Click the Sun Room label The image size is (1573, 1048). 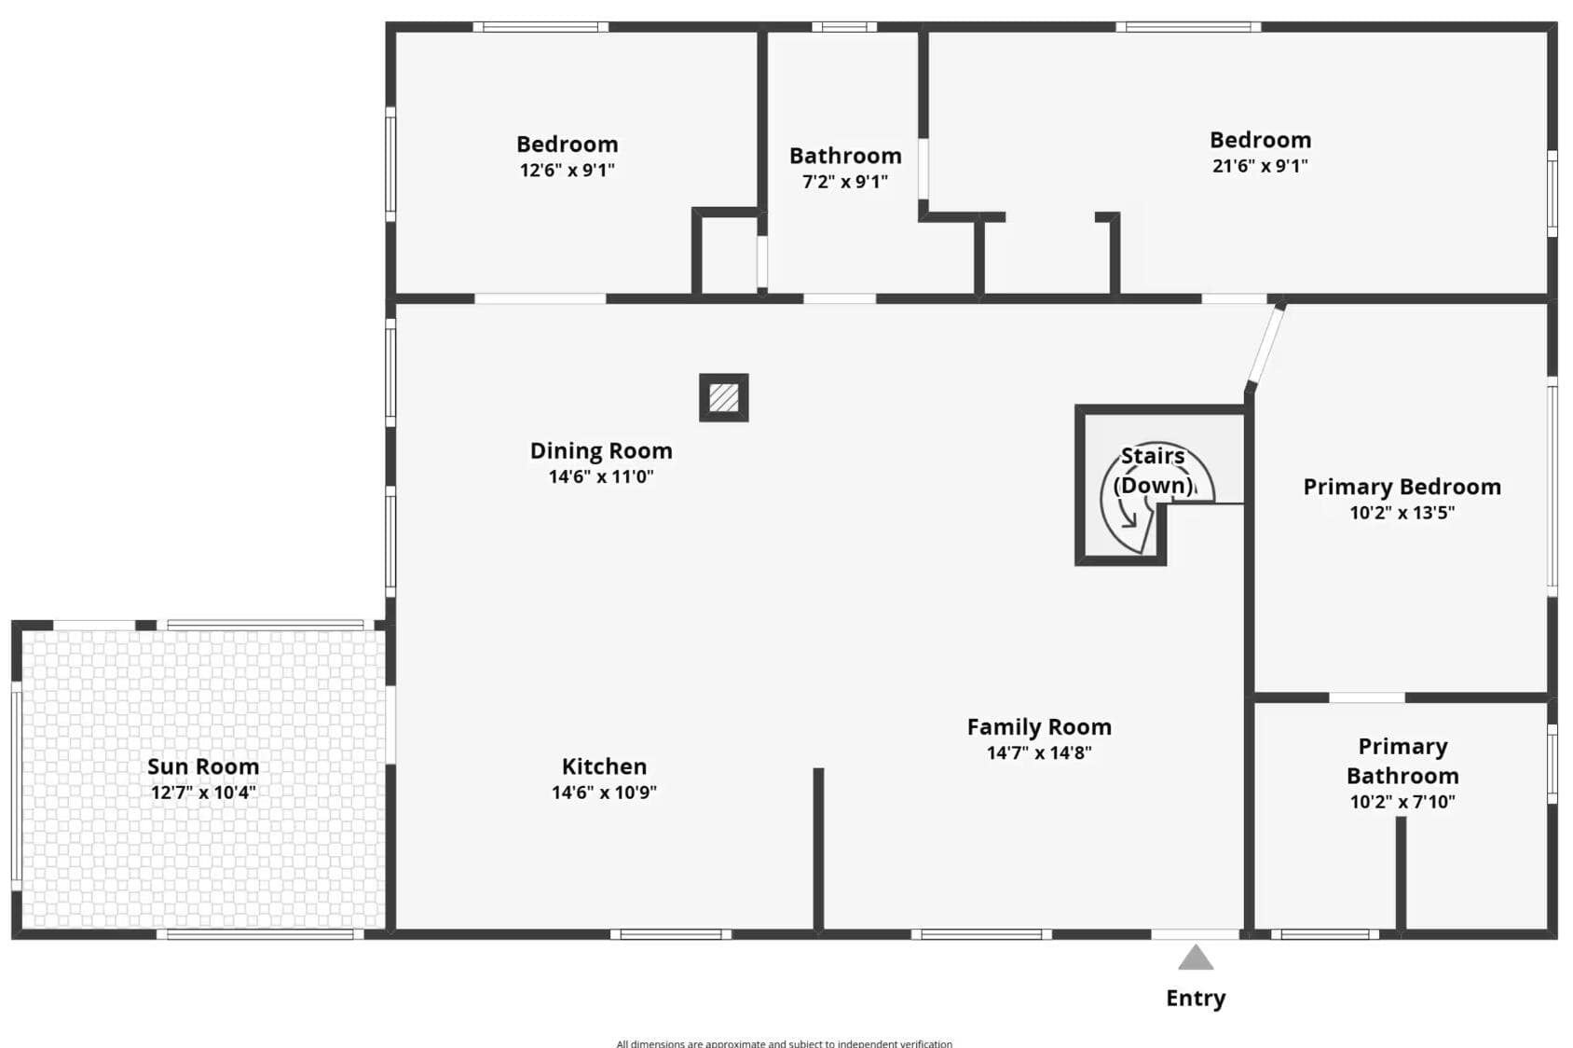(203, 765)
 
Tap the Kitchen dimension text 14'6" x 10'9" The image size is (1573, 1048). (604, 793)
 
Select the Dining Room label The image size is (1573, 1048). (601, 451)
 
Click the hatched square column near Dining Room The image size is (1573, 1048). (724, 397)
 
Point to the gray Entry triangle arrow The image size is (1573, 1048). (1196, 958)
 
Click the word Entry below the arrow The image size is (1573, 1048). (1196, 999)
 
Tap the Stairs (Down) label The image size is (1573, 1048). (1153, 471)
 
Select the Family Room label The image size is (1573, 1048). (1039, 727)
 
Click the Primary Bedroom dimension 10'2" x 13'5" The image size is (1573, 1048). (1402, 513)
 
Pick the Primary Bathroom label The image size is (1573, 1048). (1402, 761)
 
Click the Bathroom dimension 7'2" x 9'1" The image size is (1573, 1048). (845, 182)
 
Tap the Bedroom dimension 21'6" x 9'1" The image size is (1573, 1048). (1260, 166)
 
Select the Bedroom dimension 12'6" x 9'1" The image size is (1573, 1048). (568, 170)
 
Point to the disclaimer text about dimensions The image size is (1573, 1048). (785, 1043)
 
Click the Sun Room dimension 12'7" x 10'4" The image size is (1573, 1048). (203, 793)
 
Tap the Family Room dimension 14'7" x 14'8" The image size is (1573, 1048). (1039, 753)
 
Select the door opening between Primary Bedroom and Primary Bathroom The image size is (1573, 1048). (1367, 697)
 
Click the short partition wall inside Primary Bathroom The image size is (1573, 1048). (1401, 874)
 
